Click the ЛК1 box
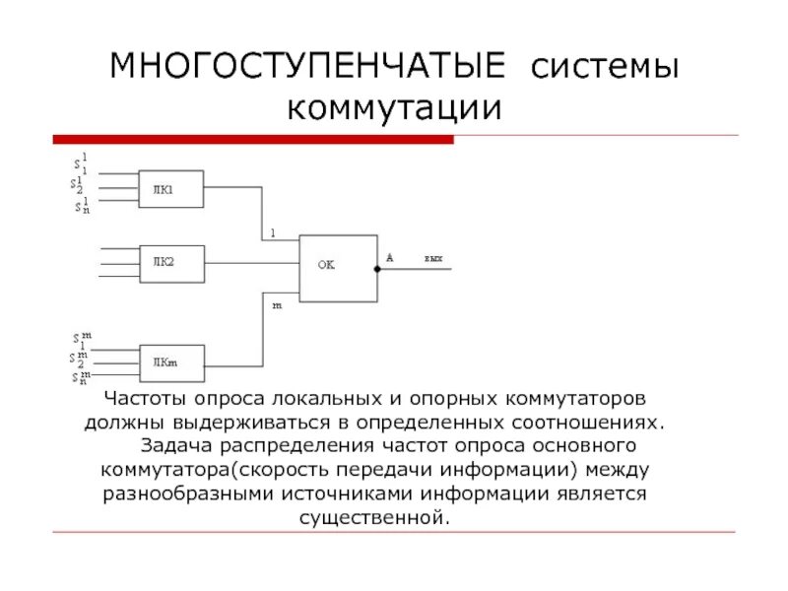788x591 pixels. coord(171,190)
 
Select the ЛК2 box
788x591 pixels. coord(171,263)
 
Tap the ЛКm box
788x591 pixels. coord(171,362)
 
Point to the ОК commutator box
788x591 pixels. coord(337,267)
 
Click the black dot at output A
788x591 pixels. coord(377,268)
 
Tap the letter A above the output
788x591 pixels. coord(390,257)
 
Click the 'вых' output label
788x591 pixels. coord(433,258)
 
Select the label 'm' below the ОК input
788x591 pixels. coord(277,305)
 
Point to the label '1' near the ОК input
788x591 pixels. coord(273,233)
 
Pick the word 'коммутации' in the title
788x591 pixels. coord(394,107)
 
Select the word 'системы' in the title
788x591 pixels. coord(605,68)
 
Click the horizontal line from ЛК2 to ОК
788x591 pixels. coord(251,263)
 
